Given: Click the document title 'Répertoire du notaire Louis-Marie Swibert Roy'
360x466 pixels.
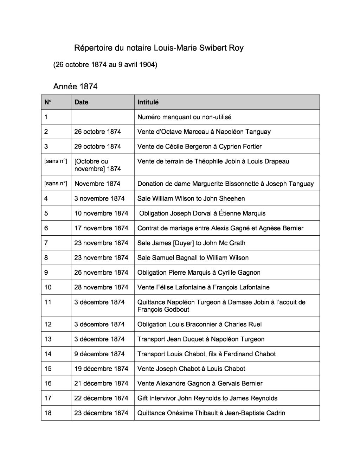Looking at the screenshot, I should point(159,48).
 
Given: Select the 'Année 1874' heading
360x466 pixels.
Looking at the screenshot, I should point(75,86).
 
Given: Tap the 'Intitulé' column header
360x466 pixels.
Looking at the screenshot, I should point(148,102).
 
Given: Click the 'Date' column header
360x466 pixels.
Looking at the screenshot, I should point(81,102).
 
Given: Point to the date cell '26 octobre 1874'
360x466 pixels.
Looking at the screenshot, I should point(97,132).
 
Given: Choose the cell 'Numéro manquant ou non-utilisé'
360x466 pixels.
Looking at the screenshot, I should point(184,117).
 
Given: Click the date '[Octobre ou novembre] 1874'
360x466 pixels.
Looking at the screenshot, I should point(97,165).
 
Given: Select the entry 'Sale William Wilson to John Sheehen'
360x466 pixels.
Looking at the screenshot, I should point(191,199).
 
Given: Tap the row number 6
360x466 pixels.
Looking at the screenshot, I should point(46,228).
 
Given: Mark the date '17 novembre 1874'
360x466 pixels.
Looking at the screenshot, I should point(101,228).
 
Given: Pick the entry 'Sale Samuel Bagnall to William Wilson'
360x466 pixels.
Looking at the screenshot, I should point(193,258).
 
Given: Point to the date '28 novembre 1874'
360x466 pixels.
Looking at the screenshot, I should point(101,287).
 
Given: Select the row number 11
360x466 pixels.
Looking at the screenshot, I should point(48,302).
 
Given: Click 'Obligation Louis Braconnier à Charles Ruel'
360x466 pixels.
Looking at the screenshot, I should point(199,325).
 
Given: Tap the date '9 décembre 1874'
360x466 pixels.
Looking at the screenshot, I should point(99,354).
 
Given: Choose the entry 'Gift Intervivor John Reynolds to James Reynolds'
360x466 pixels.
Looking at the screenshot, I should point(207,398).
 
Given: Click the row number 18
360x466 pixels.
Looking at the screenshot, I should point(48,413).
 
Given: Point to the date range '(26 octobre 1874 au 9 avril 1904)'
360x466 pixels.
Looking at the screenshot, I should point(105,65).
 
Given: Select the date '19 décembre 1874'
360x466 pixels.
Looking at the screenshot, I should point(101,369).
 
